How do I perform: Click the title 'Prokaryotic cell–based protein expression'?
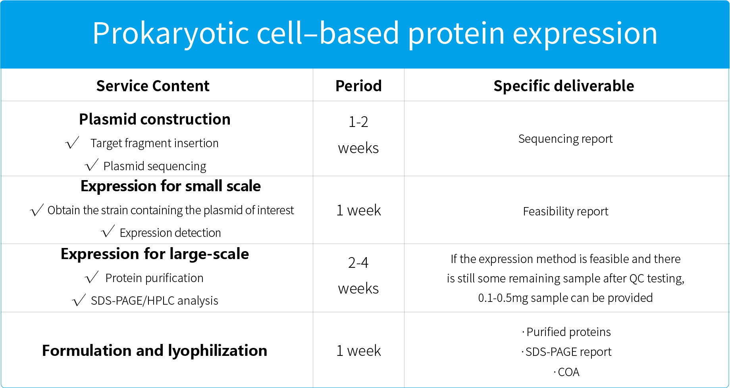pos(375,33)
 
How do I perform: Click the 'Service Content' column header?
pos(153,86)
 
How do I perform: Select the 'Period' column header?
pos(358,86)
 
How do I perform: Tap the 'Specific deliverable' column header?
pos(564,86)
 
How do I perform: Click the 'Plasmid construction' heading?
pos(155,119)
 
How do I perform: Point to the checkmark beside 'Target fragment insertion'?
pos(72,142)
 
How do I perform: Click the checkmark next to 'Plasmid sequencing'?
pos(92,165)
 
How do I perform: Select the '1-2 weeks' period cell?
pos(358,135)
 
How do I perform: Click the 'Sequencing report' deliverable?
pos(565,139)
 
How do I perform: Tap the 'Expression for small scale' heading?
pos(171,186)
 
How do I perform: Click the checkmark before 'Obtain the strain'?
pos(37,210)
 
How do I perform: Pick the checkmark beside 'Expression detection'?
pos(108,231)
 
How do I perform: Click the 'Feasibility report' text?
pos(566,211)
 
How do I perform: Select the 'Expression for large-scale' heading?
pos(155,254)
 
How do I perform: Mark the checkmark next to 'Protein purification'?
pos(92,277)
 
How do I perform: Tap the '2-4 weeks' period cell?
pos(358,275)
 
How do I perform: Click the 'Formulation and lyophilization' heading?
pos(154,351)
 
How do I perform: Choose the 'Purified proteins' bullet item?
pos(566,332)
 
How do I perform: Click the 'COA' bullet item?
pos(566,372)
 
